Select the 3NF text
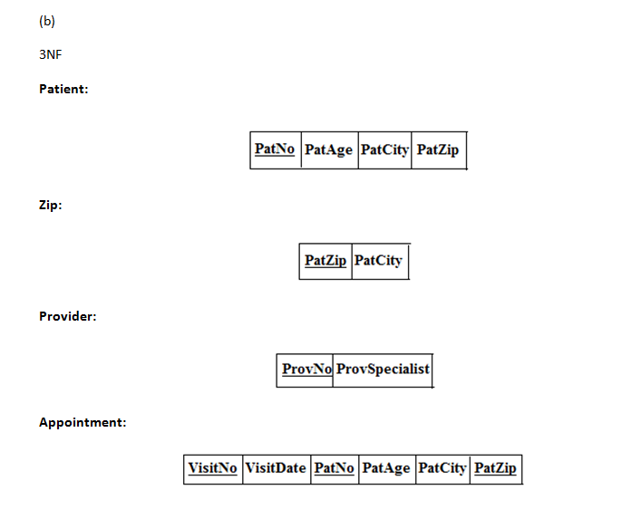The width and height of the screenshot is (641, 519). point(51,55)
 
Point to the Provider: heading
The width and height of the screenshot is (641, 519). point(68,316)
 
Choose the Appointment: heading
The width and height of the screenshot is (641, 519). point(83,422)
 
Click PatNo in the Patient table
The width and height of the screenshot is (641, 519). point(275,149)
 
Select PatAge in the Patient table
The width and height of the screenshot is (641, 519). point(328,149)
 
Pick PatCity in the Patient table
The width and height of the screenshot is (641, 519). point(384,149)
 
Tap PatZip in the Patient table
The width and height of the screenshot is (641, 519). point(438,149)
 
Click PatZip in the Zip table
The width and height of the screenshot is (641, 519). point(325,261)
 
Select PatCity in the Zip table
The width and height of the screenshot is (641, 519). point(378,261)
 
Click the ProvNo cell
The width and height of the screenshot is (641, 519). point(306,370)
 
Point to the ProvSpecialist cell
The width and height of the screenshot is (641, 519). point(382,370)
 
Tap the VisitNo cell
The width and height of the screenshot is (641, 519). point(213,468)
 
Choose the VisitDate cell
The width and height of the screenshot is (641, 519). point(276,468)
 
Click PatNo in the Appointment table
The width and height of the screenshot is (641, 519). point(334,468)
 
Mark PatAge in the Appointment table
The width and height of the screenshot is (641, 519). point(386,468)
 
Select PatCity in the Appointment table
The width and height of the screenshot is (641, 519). point(442,468)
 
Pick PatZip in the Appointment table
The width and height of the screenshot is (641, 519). point(495,468)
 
